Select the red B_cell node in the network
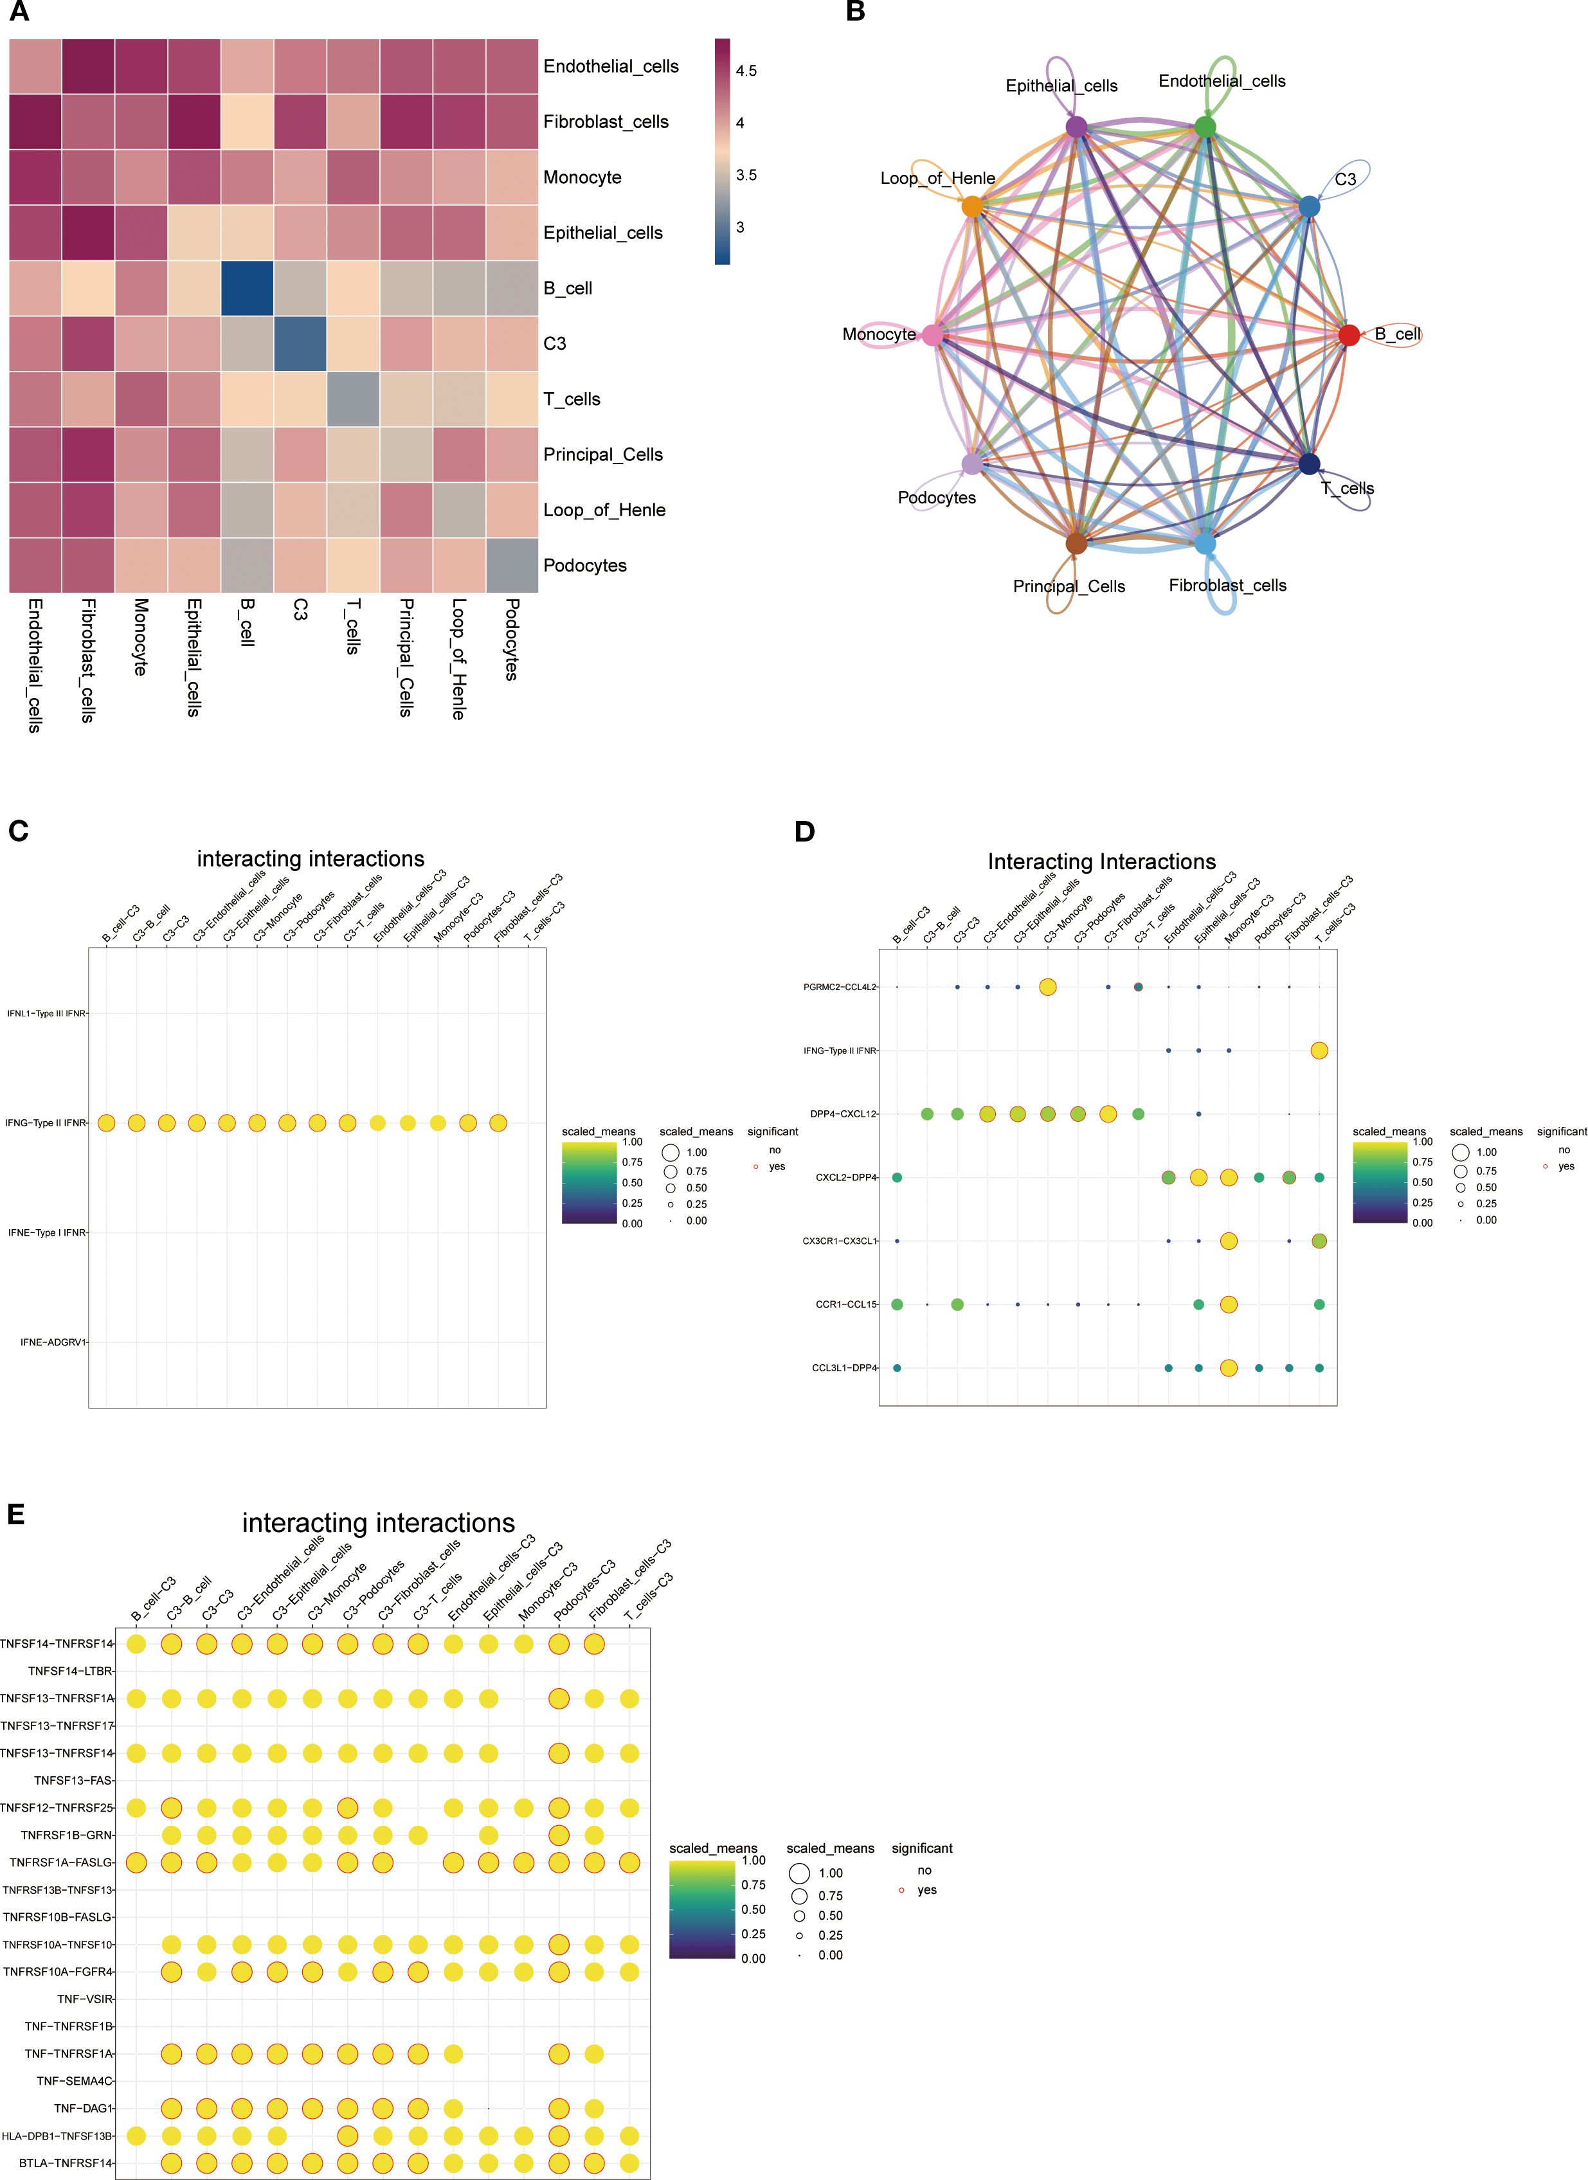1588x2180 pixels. pos(1349,334)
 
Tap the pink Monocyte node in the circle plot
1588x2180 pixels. pos(932,334)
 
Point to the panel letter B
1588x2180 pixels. pos(854,12)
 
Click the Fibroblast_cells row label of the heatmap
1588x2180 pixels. pos(606,122)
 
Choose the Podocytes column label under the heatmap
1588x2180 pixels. pos(511,639)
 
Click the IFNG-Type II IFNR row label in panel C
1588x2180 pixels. pos(46,1122)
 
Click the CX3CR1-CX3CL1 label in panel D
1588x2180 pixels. pos(840,1241)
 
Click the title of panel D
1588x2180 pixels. pos(1101,861)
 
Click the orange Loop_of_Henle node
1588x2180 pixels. pos(973,206)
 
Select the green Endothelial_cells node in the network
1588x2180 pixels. pos(1205,127)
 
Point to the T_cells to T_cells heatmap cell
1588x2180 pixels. pos(353,399)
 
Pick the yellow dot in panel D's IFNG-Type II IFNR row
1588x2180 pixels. pos(1319,1050)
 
